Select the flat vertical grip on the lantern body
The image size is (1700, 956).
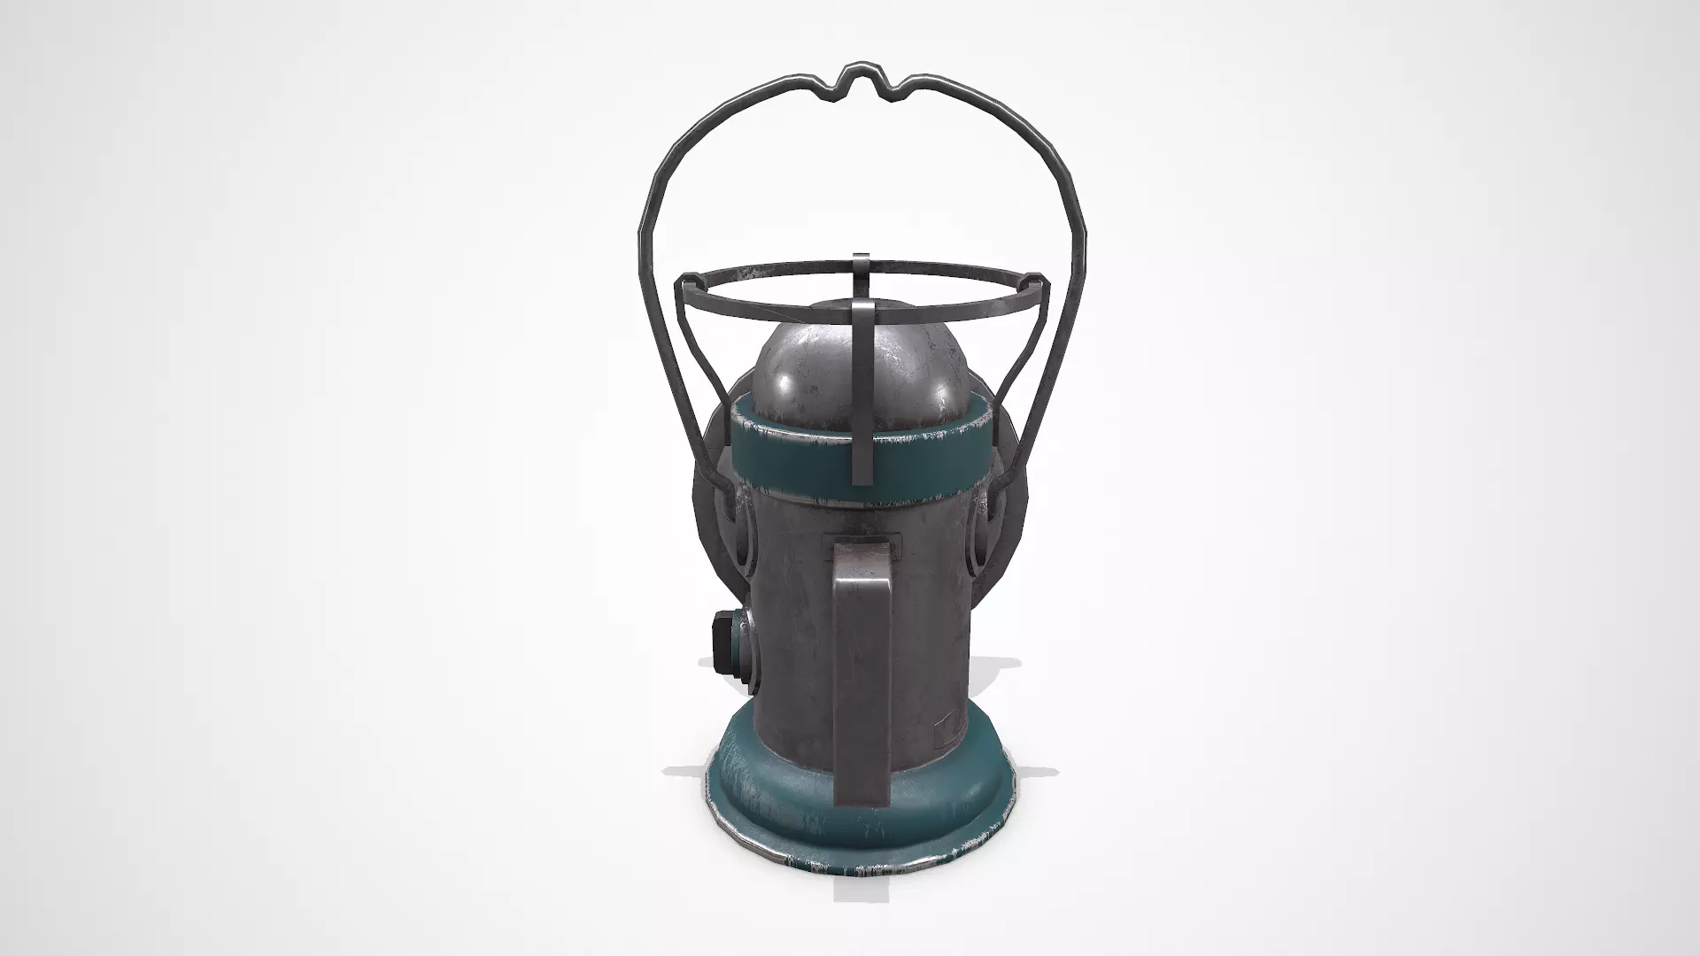pyautogui.click(x=859, y=673)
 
